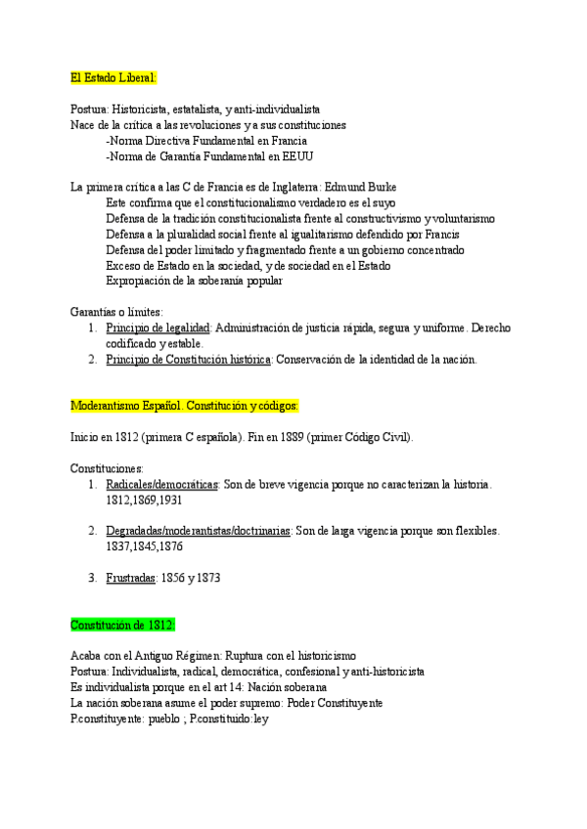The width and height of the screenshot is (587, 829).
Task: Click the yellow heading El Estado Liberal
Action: click(x=113, y=77)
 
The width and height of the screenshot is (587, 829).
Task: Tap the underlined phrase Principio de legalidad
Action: click(x=158, y=327)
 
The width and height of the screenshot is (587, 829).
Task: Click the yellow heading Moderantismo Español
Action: click(x=185, y=405)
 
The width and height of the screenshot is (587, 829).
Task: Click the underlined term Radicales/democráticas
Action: click(x=161, y=484)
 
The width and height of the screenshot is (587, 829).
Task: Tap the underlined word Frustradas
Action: click(x=131, y=578)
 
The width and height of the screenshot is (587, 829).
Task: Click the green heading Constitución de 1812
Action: click(x=122, y=624)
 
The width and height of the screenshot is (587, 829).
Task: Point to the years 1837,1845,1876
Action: click(x=144, y=546)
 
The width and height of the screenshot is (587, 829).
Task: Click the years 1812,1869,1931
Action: click(x=144, y=500)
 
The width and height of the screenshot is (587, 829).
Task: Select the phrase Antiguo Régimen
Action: click(x=184, y=655)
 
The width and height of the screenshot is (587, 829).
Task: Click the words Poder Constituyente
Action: click(x=336, y=702)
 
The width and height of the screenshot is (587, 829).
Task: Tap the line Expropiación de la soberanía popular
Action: click(x=195, y=281)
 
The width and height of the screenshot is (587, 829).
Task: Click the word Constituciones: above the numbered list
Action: click(x=108, y=468)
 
